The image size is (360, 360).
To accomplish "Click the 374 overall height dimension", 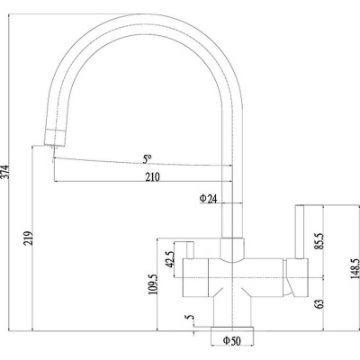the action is [6, 172].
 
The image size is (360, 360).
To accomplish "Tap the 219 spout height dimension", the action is [28, 238].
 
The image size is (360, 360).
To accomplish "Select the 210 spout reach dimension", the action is [153, 177].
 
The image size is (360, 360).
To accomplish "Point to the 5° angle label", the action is [147, 159].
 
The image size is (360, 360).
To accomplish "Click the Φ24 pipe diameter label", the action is [208, 199].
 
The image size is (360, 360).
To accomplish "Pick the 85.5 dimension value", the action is [319, 241].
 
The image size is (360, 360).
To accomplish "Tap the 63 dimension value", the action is [319, 303].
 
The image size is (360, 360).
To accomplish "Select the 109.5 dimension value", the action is [153, 284].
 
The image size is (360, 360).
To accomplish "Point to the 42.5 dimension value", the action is [170, 259].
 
